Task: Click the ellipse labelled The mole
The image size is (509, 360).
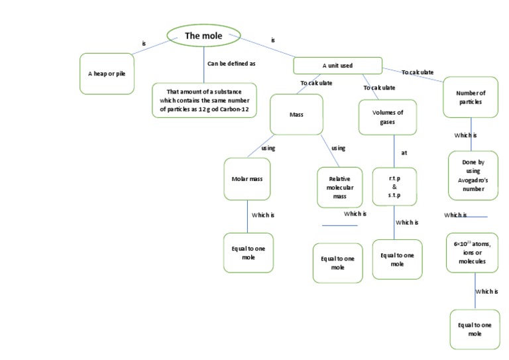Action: click(x=203, y=36)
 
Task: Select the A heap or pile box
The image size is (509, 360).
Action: click(x=107, y=73)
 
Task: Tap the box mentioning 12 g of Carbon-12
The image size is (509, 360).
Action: click(x=203, y=99)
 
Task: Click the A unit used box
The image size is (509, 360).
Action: click(x=337, y=66)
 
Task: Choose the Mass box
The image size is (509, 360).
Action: click(x=296, y=115)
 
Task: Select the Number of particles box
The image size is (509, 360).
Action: click(x=471, y=97)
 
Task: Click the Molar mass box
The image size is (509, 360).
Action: click(x=247, y=179)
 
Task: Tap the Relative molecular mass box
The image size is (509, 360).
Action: click(x=339, y=188)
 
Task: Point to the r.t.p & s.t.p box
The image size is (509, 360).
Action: click(x=394, y=187)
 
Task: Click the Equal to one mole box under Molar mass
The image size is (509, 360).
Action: click(x=248, y=253)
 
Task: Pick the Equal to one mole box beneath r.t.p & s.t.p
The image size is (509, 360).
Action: click(x=397, y=259)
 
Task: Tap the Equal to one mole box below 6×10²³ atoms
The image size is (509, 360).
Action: click(x=475, y=329)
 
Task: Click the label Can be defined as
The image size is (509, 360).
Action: click(x=231, y=64)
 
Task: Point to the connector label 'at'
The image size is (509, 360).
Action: click(x=404, y=152)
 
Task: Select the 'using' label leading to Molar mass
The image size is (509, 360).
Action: click(x=268, y=148)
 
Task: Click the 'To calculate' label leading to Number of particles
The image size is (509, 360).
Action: click(x=418, y=72)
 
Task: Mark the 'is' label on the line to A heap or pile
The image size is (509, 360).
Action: click(x=144, y=44)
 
